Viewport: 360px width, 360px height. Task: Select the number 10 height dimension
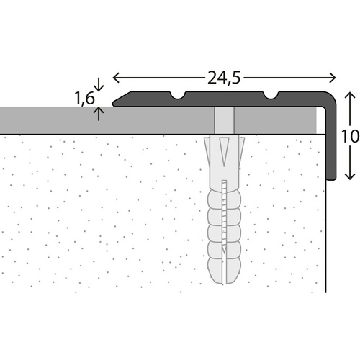click(350, 136)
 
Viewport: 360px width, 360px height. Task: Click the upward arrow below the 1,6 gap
click(99, 112)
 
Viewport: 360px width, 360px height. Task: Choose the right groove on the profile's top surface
click(273, 94)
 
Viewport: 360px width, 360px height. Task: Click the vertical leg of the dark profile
click(332, 144)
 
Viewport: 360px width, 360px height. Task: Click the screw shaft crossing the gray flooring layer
click(225, 120)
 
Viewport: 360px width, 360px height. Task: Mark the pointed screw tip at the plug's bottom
click(225, 256)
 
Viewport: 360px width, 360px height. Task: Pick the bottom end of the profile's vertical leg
click(332, 178)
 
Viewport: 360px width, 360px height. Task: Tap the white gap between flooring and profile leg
click(320, 122)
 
